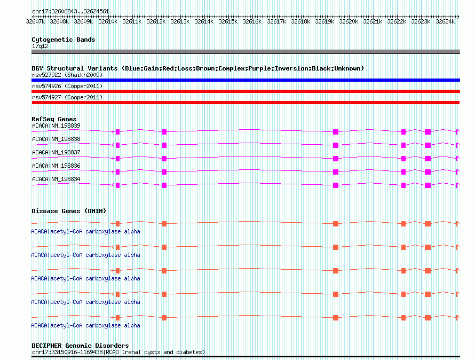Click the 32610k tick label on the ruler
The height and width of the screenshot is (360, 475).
coord(108,21)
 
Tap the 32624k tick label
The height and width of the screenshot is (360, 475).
coord(445,21)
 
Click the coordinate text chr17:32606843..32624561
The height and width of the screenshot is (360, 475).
coord(70,11)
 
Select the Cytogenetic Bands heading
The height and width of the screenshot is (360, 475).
coord(63,40)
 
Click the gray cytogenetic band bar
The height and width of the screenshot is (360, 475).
coord(246,52)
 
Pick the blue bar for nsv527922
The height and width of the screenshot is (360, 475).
coord(246,80)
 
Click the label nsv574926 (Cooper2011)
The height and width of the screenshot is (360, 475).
coord(67,86)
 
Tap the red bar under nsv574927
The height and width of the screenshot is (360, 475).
coord(246,103)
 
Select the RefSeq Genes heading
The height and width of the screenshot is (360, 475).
coord(54,119)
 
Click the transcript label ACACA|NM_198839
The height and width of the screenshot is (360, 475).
coord(56,126)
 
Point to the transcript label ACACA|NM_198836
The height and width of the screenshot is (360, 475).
coord(56,166)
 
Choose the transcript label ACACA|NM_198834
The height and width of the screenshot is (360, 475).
coord(56,179)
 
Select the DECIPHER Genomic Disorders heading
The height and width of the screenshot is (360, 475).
coord(80,346)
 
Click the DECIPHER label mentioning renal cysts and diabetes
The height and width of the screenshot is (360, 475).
coord(118,352)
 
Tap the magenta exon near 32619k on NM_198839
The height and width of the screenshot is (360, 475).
coord(336,131)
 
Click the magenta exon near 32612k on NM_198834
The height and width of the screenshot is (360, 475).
coord(164,185)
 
